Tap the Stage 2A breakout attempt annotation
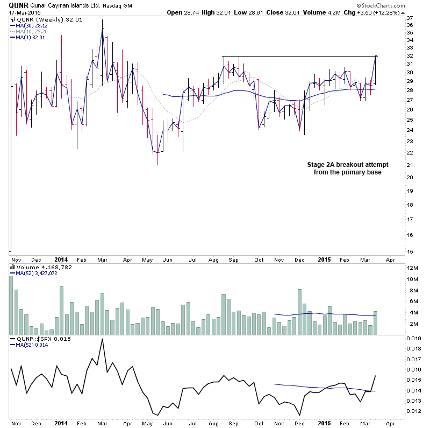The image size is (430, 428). pos(347,169)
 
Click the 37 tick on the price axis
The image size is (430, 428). pos(410,18)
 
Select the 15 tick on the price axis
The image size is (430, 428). pos(410,251)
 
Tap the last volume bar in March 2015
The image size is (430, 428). pos(376,323)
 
